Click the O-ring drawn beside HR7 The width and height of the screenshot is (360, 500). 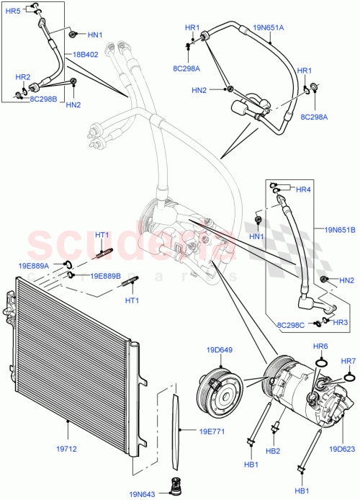[x=349, y=376]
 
